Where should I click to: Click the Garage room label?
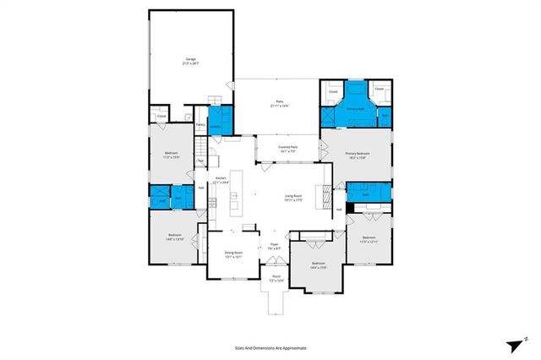point(191,61)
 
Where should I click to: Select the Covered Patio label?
point(287,149)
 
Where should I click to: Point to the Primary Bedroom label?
point(356,155)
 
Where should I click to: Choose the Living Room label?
point(293,199)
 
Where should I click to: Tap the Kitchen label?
point(221,181)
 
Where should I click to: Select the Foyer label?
point(275,247)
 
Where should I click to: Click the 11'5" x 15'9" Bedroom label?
point(172,155)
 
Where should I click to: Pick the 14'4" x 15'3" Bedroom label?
point(318,265)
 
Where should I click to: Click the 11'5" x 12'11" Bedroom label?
point(369,239)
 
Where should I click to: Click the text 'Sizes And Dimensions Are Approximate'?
point(270,347)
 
